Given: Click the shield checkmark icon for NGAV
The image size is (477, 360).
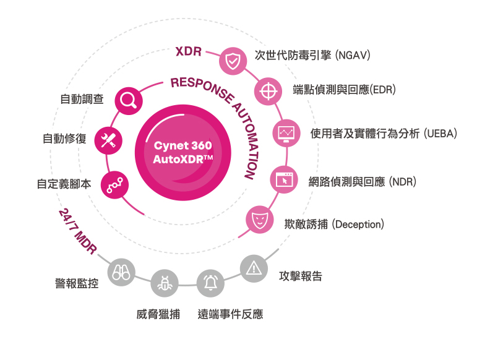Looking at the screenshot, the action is click(x=233, y=61).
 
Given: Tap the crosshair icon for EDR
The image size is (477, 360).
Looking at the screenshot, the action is click(x=269, y=91).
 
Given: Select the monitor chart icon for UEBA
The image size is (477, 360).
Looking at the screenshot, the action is click(x=286, y=133).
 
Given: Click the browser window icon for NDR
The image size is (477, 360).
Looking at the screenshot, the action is click(x=284, y=180).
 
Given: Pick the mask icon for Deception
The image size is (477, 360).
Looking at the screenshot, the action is click(x=259, y=219).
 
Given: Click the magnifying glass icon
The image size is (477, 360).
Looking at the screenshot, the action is click(x=129, y=101).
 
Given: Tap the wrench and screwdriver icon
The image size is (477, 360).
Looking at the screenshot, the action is click(x=108, y=140).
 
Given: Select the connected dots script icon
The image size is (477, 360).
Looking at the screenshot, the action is click(x=114, y=185).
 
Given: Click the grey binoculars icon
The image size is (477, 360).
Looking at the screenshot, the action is click(x=121, y=272).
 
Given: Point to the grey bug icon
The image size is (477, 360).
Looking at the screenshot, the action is click(x=165, y=283).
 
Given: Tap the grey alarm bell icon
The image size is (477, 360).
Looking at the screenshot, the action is click(x=210, y=283).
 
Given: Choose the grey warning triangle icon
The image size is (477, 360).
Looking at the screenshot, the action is click(x=254, y=268).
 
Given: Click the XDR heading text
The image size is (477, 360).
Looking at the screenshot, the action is click(x=189, y=51).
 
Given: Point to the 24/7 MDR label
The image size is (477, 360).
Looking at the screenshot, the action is click(x=77, y=231).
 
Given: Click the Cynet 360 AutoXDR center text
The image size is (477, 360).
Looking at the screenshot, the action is click(x=183, y=152).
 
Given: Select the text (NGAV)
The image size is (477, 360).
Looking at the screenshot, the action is click(x=353, y=55).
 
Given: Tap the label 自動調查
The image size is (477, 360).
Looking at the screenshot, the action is click(x=82, y=99).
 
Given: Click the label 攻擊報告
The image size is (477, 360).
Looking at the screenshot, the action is click(x=301, y=276).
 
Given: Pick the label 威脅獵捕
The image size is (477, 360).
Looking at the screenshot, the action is click(x=158, y=314).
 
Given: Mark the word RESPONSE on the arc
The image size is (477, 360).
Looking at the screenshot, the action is click(x=202, y=89).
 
